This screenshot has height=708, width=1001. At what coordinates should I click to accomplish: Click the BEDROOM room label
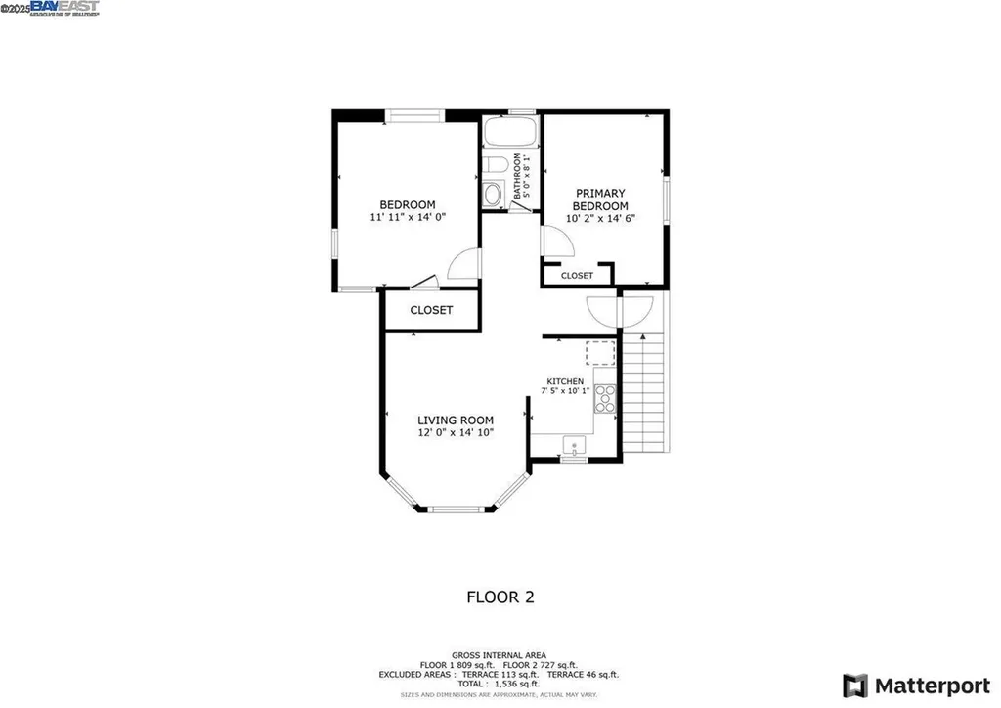(408, 205)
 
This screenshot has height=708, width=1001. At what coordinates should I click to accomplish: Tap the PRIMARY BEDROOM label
(599, 199)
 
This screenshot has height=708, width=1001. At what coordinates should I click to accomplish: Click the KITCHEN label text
(565, 381)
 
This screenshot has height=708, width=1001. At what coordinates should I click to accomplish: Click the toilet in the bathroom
(494, 165)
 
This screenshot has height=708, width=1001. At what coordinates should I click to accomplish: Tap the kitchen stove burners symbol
(605, 397)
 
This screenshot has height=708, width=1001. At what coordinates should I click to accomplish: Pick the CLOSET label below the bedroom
(431, 310)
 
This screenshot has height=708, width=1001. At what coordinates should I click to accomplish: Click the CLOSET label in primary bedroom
(577, 276)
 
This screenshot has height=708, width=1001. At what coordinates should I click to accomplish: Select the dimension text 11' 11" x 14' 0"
(408, 218)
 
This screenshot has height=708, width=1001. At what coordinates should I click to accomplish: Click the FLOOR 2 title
(500, 596)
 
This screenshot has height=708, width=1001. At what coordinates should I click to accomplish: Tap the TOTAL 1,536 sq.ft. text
(500, 685)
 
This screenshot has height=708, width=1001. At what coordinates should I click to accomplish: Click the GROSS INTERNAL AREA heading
(500, 654)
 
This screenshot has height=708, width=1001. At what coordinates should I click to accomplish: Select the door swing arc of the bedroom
(462, 262)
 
